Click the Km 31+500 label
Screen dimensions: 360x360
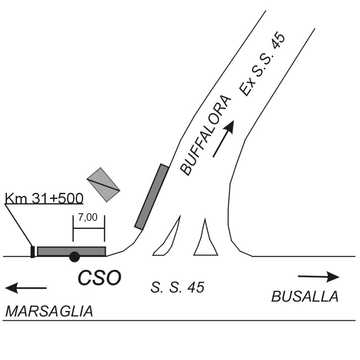[x=44, y=198]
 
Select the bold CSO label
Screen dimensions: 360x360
[x=100, y=277]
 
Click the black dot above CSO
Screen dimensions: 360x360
[x=74, y=257]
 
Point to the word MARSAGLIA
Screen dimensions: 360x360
[x=49, y=312]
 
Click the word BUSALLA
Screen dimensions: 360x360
[x=305, y=296]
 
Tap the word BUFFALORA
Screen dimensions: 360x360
[x=205, y=135]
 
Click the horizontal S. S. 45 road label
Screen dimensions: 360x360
[x=178, y=287]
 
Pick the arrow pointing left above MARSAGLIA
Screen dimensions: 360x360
[x=26, y=287]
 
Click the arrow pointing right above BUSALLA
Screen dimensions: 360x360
[x=318, y=276]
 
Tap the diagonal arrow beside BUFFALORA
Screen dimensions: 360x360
[x=224, y=138]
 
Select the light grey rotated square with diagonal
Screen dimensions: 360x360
[x=103, y=185]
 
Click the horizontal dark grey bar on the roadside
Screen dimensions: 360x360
[x=71, y=251]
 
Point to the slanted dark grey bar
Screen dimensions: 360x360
[x=151, y=196]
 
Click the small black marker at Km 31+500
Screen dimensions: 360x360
[x=33, y=252]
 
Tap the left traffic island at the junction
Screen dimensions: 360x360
[x=168, y=237]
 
